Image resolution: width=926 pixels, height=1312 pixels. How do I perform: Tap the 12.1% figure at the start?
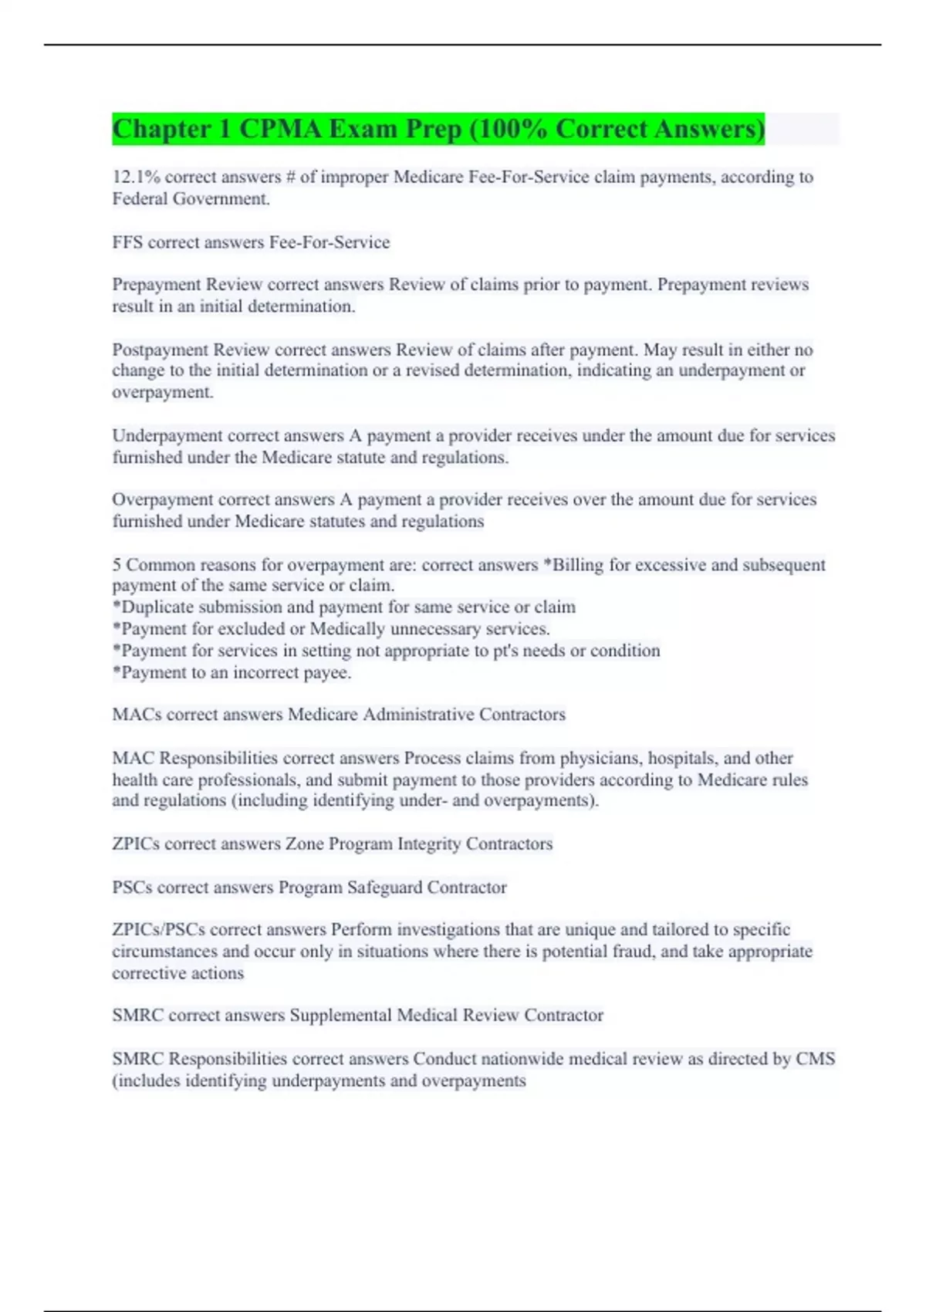136,178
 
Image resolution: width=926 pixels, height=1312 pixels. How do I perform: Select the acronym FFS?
127,242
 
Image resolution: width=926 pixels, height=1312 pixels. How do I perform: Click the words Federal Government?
191,199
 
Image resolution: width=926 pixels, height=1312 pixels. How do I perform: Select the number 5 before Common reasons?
117,565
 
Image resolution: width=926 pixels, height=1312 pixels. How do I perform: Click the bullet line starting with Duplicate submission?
344,607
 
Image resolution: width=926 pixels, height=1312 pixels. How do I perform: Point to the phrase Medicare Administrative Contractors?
426,715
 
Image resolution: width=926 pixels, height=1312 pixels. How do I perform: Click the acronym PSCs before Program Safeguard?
132,888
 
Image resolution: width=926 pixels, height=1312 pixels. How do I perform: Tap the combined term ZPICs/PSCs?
158,930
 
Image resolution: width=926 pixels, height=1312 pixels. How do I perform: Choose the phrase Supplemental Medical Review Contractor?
446,1016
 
